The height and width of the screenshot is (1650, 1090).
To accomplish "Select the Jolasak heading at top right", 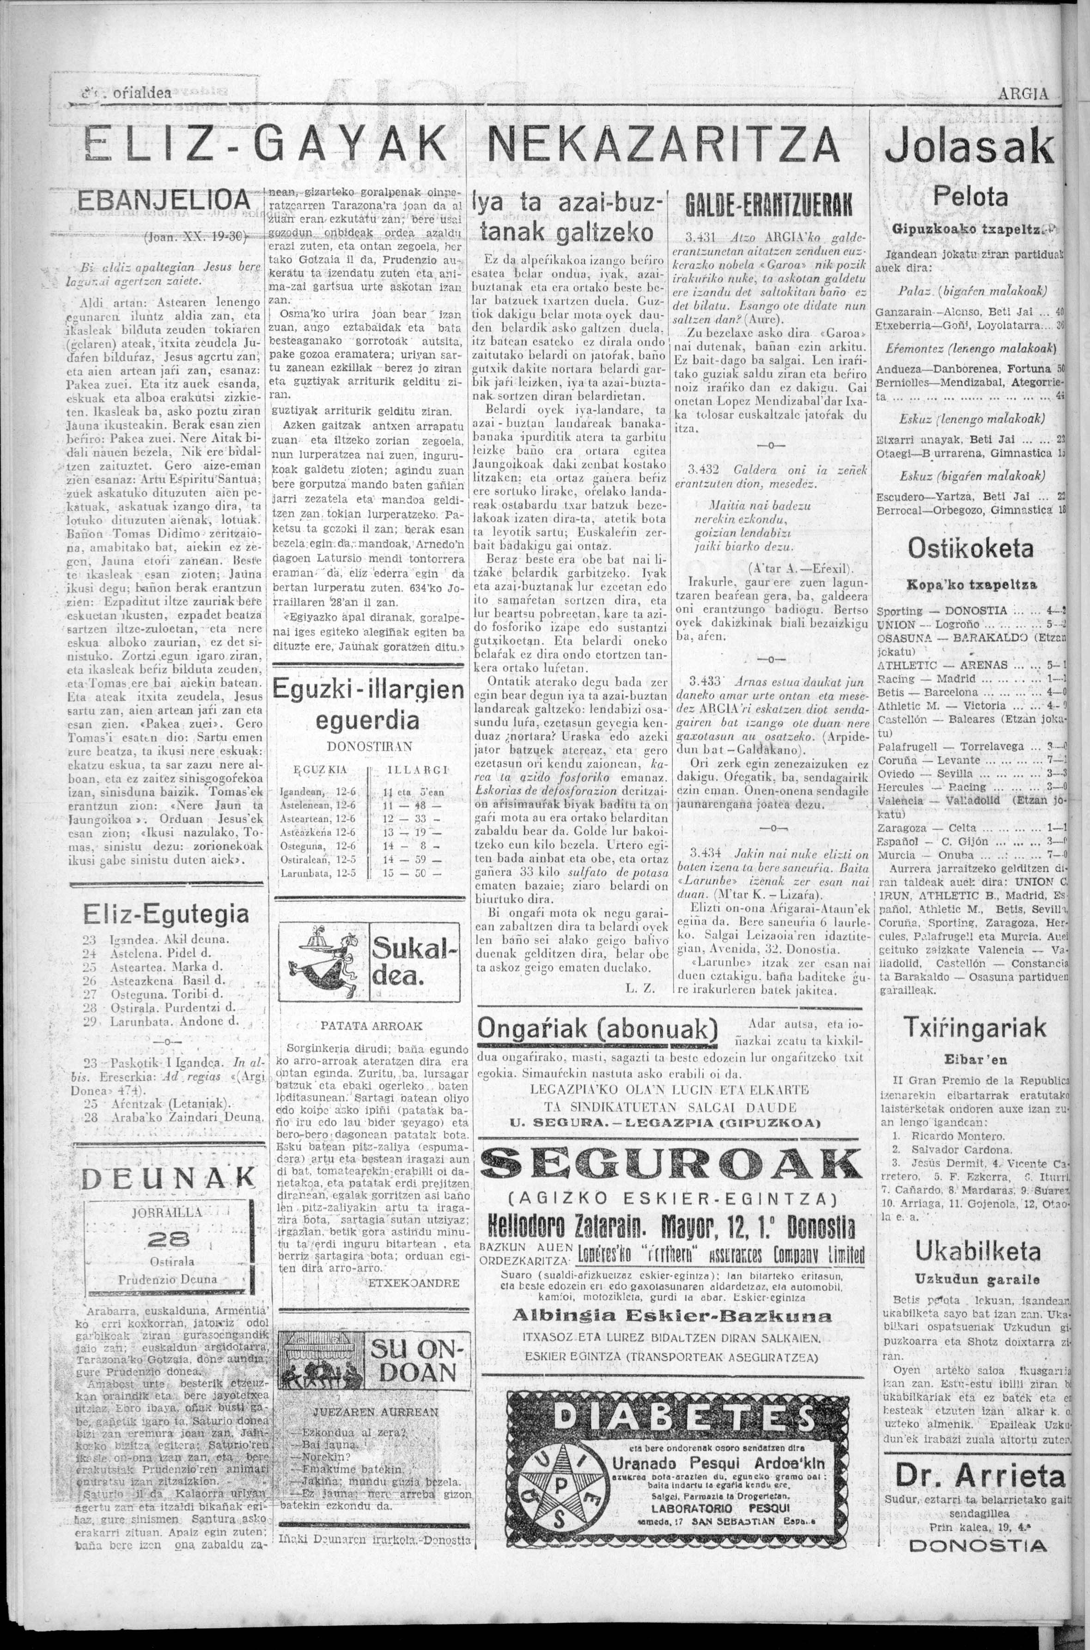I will click(972, 146).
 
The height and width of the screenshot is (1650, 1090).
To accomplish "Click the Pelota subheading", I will click(970, 197).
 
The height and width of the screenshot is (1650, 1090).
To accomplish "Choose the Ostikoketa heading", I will click(970, 549).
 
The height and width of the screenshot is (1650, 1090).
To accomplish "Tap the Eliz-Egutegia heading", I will click(165, 913).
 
